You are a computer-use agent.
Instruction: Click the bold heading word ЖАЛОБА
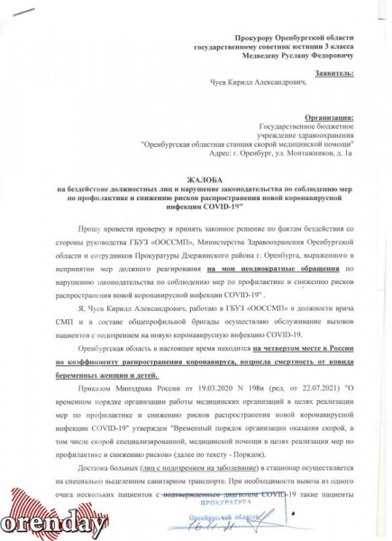coord(196,180)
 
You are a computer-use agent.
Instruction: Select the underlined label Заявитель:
coord(324,68)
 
